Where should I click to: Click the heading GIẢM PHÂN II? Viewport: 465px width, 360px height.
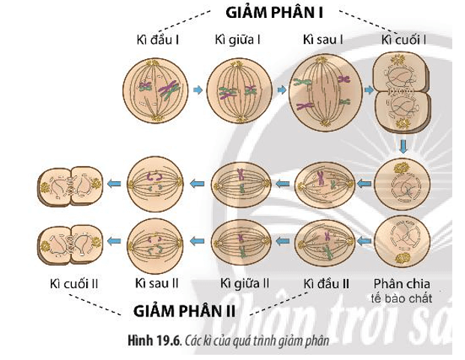pos(184,309)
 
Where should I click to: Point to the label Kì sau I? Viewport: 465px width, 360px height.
pos(323,39)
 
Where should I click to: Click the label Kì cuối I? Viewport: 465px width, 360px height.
pos(403,39)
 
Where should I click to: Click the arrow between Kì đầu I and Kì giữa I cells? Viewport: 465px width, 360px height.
pos(197,91)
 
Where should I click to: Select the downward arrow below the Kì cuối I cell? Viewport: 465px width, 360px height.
pos(403,144)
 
